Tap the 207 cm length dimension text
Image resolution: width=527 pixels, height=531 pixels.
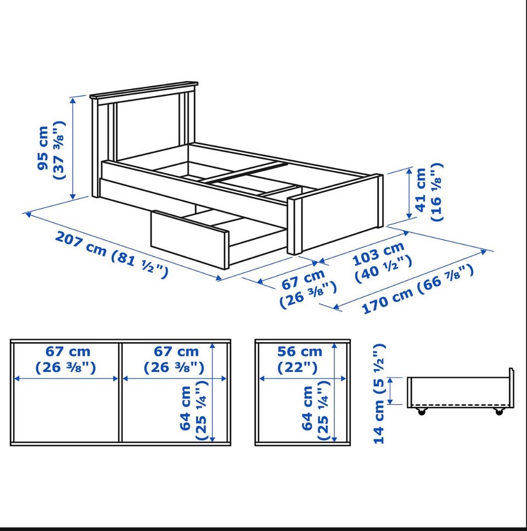coord(111,255)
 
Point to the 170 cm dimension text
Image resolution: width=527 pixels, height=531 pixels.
coord(417,289)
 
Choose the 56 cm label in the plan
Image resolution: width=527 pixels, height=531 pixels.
coord(300,359)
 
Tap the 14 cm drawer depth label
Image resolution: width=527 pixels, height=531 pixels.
coord(379,394)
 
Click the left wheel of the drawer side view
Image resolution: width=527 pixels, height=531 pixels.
coord(422,412)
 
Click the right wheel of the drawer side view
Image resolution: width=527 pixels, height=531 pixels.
coord(499,412)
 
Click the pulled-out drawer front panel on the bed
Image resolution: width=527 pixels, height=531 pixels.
coord(189,239)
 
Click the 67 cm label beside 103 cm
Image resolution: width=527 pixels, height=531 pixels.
coord(307,288)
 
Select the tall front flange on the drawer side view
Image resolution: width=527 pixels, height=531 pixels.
coord(512,388)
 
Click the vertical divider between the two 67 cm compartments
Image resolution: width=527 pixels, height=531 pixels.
coord(120,392)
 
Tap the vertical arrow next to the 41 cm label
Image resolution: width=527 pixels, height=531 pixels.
coord(409,194)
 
